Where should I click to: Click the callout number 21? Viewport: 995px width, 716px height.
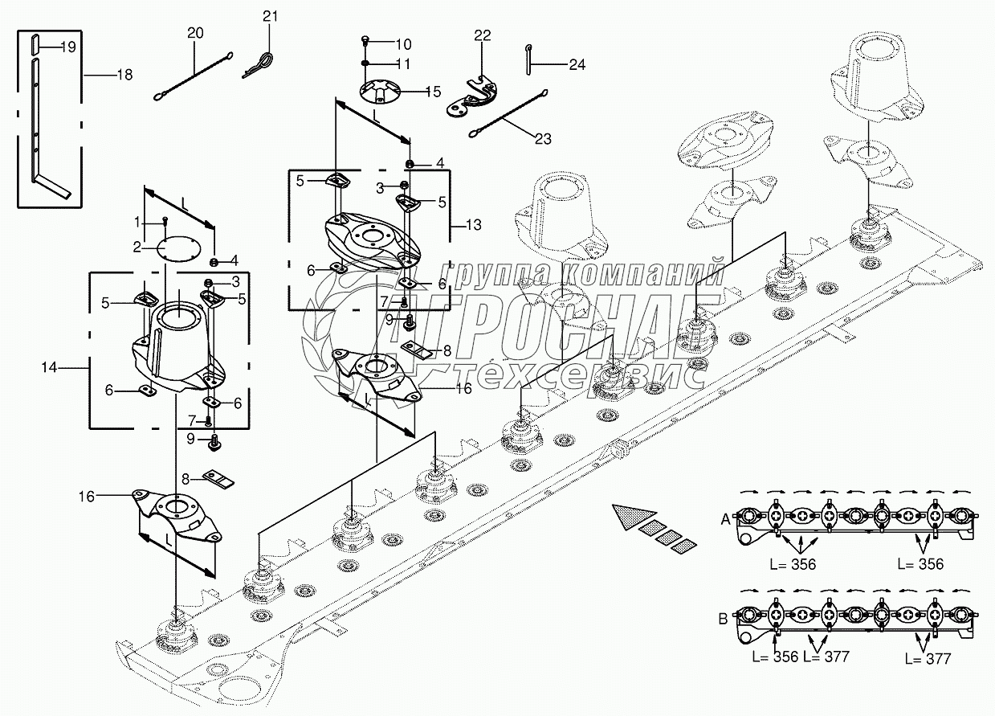pos(270,17)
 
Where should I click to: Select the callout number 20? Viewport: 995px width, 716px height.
pos(195,33)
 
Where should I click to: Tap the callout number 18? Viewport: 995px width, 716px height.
pos(124,74)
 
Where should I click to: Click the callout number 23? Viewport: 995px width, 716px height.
pos(543,138)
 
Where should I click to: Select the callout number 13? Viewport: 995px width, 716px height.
pos(473,225)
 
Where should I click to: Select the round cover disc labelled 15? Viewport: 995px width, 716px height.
pos(381,92)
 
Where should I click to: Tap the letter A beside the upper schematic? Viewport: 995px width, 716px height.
pos(726,519)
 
